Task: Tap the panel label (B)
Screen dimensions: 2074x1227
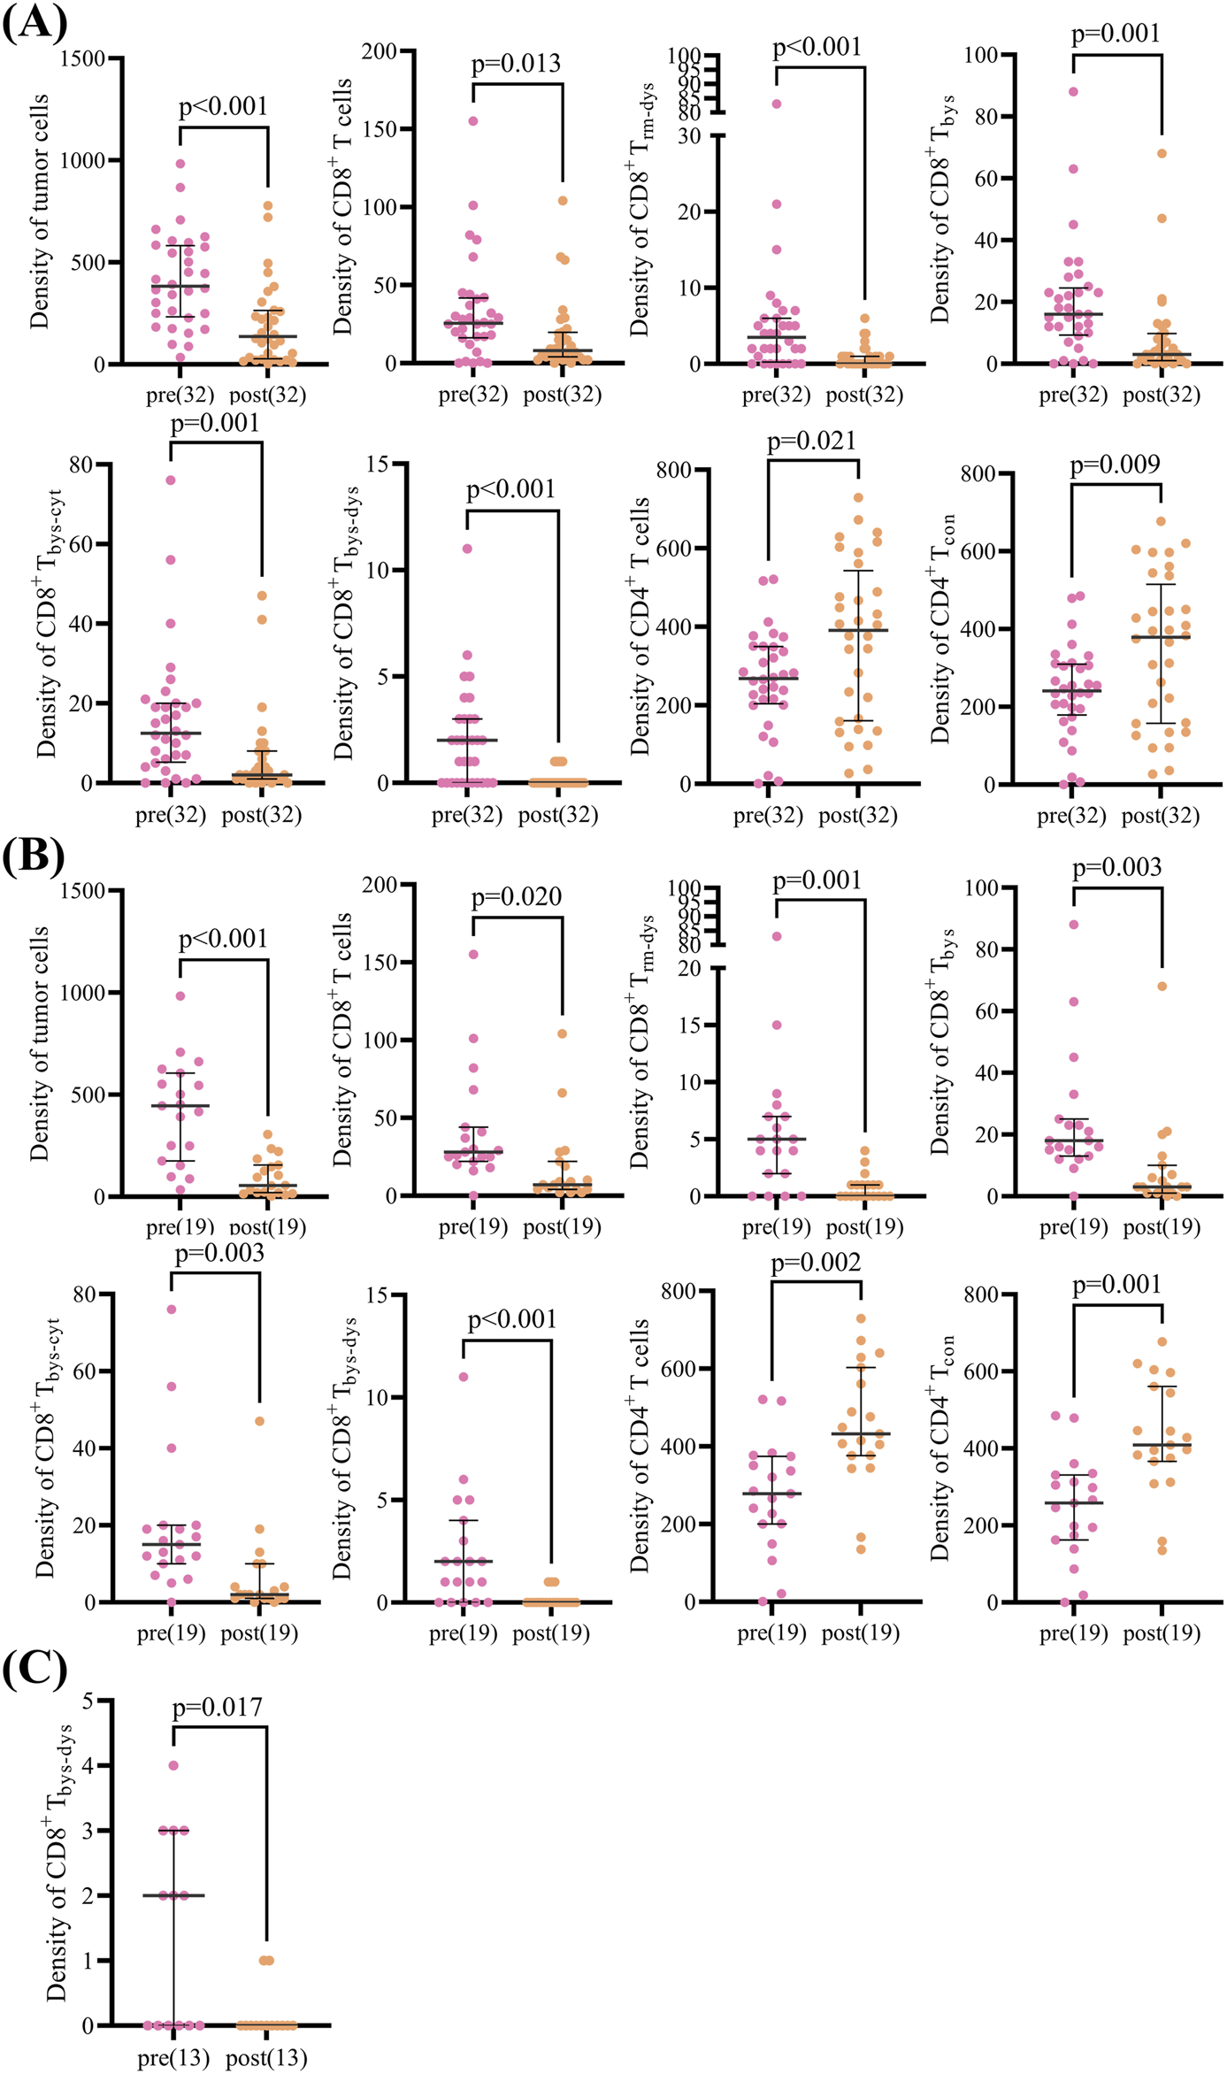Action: (x=34, y=856)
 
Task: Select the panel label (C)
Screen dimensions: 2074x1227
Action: (x=34, y=1670)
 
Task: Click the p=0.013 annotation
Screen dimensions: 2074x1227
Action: (x=516, y=64)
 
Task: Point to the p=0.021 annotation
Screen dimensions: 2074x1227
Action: (x=811, y=441)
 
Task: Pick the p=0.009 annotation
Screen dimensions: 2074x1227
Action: (x=1115, y=465)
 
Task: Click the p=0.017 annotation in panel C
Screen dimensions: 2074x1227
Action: (x=218, y=1707)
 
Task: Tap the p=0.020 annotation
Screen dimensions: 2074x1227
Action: (x=516, y=897)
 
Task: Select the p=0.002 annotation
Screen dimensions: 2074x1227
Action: (x=816, y=1263)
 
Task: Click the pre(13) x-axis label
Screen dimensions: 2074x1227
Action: (x=173, y=2058)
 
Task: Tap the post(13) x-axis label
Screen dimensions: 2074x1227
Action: (x=266, y=2058)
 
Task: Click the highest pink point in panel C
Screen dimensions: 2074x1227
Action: (x=173, y=1765)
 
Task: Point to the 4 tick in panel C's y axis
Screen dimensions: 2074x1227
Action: (x=88, y=1765)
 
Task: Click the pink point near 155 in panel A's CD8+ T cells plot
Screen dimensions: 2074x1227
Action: (x=473, y=121)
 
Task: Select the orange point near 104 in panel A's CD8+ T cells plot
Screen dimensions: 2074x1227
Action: (x=563, y=201)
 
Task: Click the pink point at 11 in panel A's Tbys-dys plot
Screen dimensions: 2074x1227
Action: (x=467, y=549)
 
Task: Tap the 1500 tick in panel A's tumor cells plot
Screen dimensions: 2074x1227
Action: (x=82, y=58)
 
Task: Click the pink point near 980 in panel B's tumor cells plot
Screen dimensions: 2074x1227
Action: (x=180, y=995)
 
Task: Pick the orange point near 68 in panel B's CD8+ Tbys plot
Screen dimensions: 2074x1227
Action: (x=1162, y=986)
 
